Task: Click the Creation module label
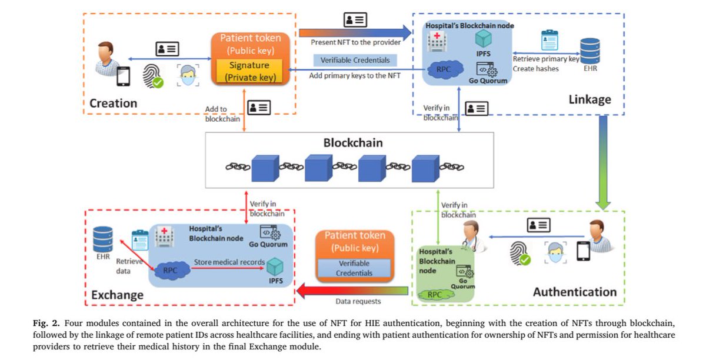[x=113, y=104]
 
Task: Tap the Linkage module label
[x=590, y=100]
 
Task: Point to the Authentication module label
[x=574, y=292]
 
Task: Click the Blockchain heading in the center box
[x=353, y=142]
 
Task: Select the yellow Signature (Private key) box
[x=249, y=71]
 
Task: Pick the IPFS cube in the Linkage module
[x=483, y=39]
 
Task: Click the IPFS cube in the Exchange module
[x=275, y=266]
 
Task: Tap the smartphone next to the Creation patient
[x=123, y=76]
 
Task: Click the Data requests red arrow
[x=353, y=290]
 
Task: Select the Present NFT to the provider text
[x=355, y=42]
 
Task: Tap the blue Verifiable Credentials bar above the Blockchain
[x=355, y=60]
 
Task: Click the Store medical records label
[x=229, y=262]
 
